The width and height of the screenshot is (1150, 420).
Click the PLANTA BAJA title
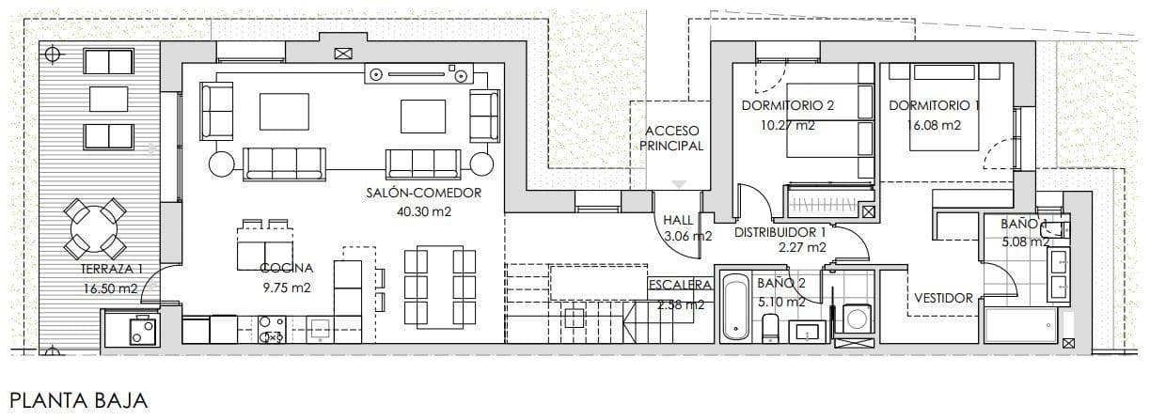click(79, 401)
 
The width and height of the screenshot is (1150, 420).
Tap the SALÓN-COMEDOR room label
click(423, 194)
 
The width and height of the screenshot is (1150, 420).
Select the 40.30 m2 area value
click(423, 211)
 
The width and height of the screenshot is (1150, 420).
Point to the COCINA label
click(286, 269)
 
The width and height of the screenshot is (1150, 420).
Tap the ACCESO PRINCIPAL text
click(673, 138)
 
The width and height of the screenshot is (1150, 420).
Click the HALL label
click(678, 220)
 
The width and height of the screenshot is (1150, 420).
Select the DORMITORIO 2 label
click(787, 105)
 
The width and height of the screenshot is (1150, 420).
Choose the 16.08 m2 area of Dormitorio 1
click(934, 125)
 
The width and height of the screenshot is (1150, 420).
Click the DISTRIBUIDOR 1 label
click(780, 231)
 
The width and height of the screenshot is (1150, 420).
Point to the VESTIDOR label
click(943, 298)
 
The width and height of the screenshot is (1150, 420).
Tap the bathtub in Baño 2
click(735, 310)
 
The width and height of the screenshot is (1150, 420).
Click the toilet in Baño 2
click(769, 327)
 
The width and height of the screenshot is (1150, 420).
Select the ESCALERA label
click(679, 285)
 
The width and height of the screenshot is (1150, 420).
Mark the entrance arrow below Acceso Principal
click(680, 184)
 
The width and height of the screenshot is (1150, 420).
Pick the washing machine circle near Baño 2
click(857, 319)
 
